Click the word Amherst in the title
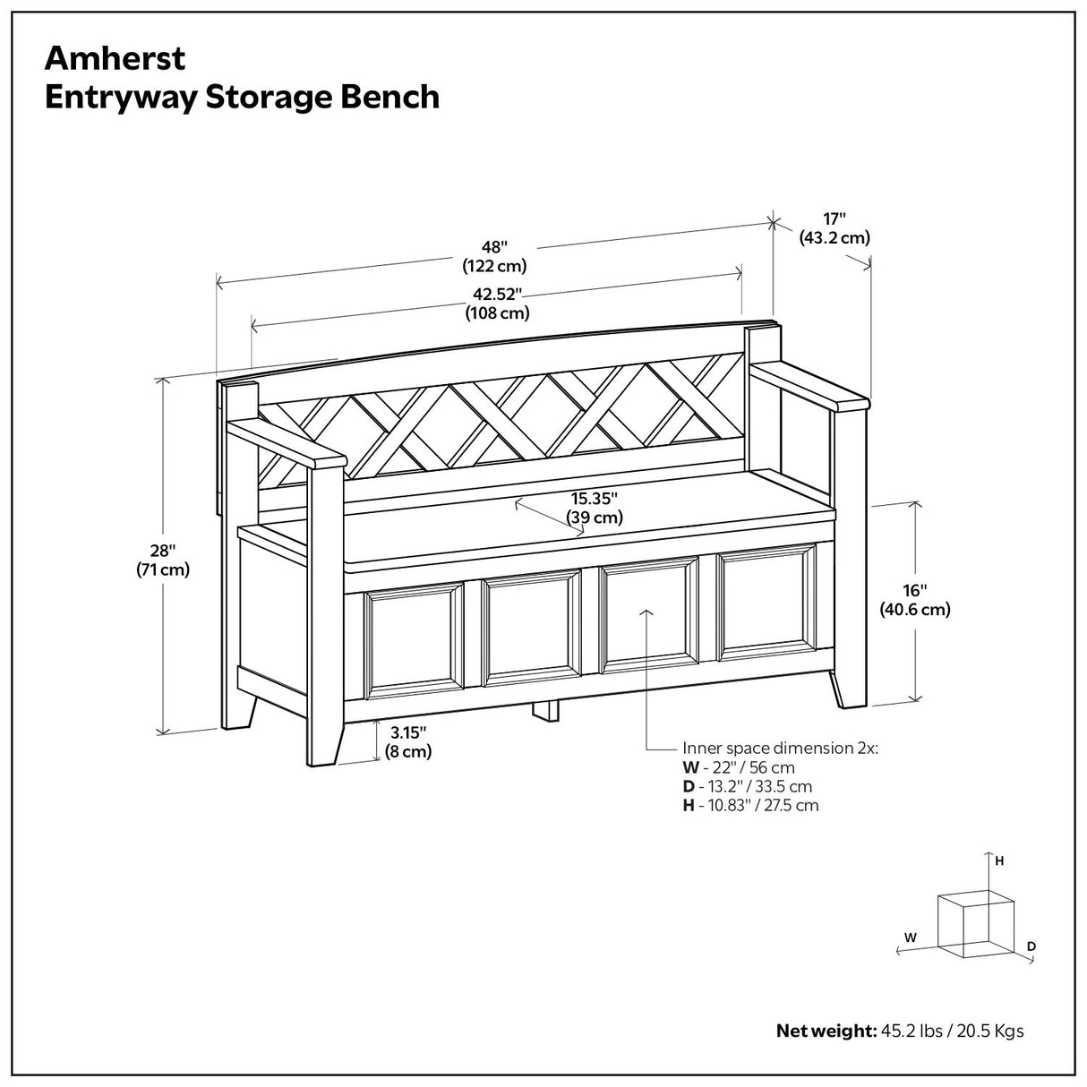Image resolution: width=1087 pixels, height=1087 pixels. (x=116, y=57)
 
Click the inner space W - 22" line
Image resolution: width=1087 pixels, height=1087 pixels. (x=739, y=767)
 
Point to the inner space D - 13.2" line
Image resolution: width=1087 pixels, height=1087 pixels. (x=747, y=786)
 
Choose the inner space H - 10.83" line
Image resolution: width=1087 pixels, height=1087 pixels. (x=750, y=805)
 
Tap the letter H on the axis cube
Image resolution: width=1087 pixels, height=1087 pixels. (x=999, y=861)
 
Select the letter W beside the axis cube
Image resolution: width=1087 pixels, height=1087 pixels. (x=911, y=937)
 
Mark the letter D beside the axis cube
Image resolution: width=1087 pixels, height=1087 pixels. (x=1031, y=946)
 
